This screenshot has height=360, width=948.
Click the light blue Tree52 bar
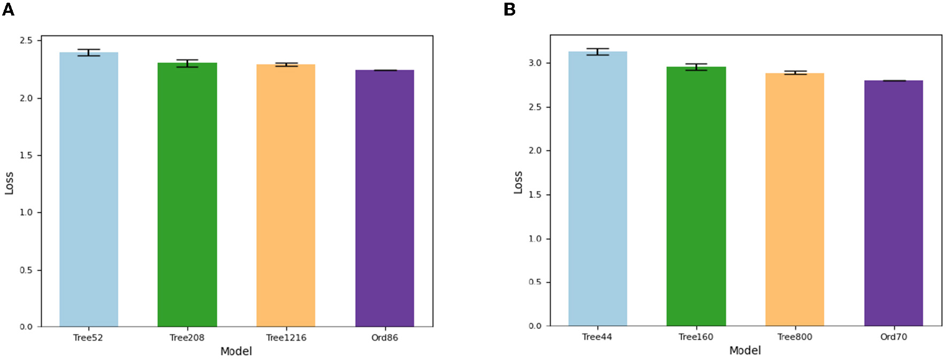(x=88, y=189)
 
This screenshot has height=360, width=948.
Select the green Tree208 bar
(x=187, y=195)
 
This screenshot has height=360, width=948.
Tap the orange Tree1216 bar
(x=286, y=196)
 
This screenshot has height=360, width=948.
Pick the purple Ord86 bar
(x=384, y=198)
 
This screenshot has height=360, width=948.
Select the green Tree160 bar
(x=696, y=196)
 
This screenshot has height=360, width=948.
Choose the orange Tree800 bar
(x=794, y=199)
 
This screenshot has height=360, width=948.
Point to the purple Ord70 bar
(x=893, y=203)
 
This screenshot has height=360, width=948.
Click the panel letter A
(x=8, y=9)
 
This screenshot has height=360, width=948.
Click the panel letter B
(x=509, y=9)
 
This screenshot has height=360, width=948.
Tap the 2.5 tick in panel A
(x=26, y=41)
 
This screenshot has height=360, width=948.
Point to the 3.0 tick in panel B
(x=535, y=63)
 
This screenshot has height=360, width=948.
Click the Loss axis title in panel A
(x=9, y=183)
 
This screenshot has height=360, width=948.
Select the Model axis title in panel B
(x=745, y=350)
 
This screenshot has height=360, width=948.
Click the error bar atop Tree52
(x=88, y=52)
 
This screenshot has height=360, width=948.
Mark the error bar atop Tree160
(x=696, y=67)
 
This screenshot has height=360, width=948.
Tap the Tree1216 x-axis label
(x=286, y=338)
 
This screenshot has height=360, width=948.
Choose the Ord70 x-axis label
(x=893, y=337)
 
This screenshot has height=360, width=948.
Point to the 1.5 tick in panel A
(x=26, y=155)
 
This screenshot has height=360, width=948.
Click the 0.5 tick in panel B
(x=535, y=282)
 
